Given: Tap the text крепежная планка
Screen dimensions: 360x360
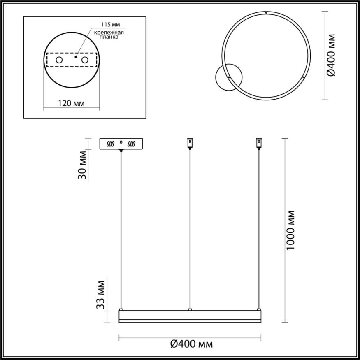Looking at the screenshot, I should pos(109,34).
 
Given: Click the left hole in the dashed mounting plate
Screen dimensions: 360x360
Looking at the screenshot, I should pos(59,60).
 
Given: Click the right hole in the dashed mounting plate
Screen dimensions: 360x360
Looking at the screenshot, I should pos(85,60).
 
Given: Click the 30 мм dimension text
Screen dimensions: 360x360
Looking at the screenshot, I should pos(83,165).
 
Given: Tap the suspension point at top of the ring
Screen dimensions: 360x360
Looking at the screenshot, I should pos(267,13).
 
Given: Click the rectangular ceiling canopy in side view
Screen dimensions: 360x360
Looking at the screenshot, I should pos(121,144).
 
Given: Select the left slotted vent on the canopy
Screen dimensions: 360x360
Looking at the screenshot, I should pos(110,144).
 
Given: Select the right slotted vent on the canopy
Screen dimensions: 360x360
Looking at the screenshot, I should pos(131,144).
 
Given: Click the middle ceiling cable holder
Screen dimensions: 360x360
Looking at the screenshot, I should pos(190,143).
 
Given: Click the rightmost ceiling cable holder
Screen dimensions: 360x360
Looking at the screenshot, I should pos(259,143).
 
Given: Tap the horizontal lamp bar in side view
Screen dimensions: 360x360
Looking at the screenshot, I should pos(190,316).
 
